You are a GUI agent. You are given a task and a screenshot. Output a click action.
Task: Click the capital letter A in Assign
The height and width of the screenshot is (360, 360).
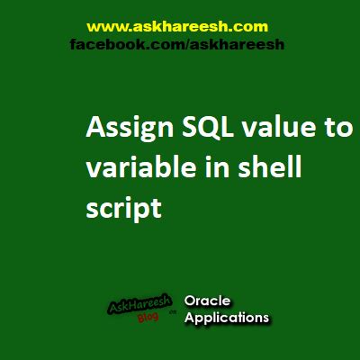(x=94, y=130)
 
